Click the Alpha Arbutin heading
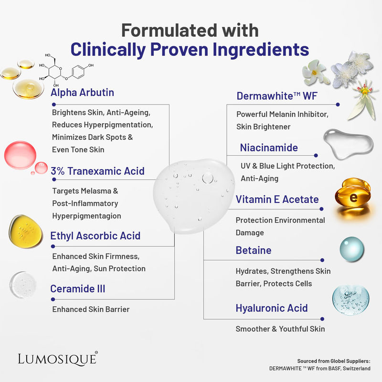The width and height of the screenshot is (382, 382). click(82, 93)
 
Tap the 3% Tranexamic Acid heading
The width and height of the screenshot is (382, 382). click(97, 171)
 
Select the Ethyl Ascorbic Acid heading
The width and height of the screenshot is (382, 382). click(95, 236)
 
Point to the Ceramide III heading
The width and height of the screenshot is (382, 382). click(78, 289)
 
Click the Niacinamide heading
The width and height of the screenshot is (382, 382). click(269, 148)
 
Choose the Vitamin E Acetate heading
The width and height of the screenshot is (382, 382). click(277, 199)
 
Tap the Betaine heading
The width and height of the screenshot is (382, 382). click(254, 250)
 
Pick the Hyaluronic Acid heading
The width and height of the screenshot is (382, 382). click(272, 308)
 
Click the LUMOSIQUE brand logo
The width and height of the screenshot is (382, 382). click(58, 359)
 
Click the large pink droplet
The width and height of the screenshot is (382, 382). click(20, 155)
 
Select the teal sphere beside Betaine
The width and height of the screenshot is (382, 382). click(352, 249)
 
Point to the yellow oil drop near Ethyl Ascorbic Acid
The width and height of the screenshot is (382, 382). click(25, 232)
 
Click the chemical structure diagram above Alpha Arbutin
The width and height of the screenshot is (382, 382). click(66, 70)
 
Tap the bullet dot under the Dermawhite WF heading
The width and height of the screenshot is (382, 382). click(338, 105)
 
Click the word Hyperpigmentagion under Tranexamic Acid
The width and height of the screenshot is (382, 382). click(87, 216)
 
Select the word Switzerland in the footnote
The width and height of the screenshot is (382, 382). click(357, 368)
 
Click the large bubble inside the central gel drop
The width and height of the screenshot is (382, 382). click(208, 178)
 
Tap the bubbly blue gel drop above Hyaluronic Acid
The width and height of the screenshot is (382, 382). click(350, 300)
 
